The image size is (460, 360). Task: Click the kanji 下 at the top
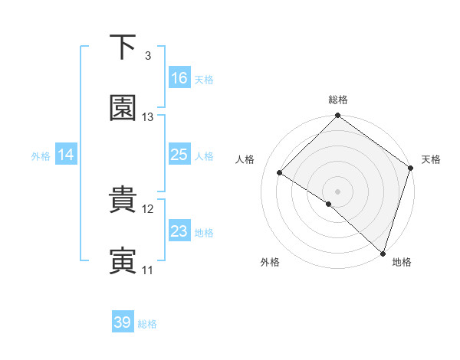point(123,47)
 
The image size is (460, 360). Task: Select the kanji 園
point(123,109)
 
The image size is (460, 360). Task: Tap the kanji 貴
point(123,201)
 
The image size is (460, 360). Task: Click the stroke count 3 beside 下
point(147,56)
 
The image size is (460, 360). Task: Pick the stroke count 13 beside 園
point(148,117)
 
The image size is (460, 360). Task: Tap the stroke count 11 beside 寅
point(148,270)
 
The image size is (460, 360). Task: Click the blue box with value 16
point(179,78)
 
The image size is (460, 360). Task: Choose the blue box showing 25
point(179,155)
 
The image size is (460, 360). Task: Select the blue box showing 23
point(179,231)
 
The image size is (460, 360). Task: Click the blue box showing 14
point(66,155)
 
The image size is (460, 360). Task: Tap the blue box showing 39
point(123,322)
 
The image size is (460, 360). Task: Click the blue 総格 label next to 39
point(147,324)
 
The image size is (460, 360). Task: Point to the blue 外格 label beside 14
point(41,155)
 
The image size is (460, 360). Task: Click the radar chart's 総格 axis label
point(338,100)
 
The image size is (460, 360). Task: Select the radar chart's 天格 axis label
point(431,159)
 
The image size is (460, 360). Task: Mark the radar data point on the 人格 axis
point(280,172)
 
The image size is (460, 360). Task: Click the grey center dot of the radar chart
point(338,191)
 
